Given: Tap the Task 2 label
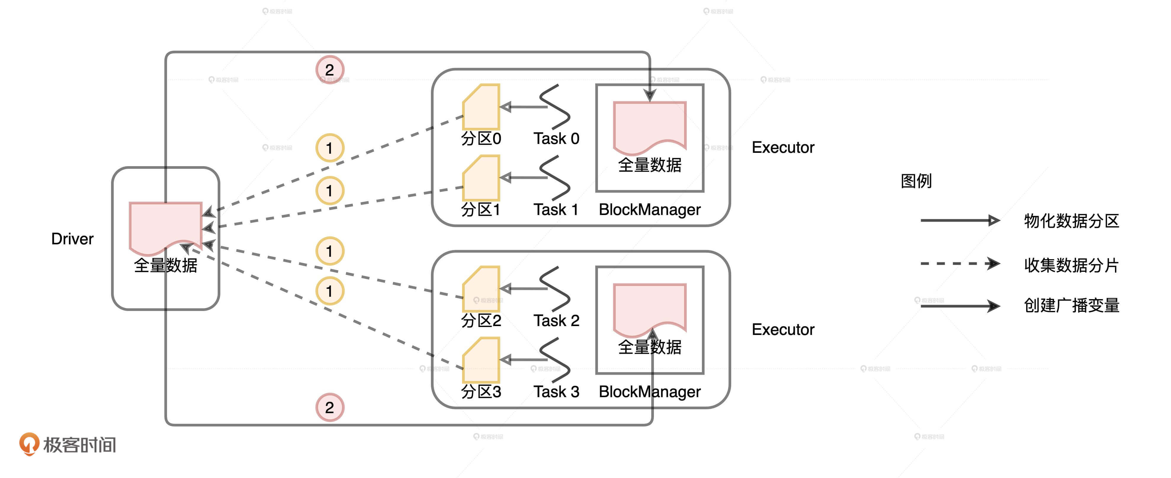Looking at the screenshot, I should tap(556, 321).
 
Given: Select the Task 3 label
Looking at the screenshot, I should tap(556, 392).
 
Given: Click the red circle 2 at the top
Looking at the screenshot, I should tap(330, 70).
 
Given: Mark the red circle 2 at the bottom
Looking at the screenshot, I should tap(330, 407).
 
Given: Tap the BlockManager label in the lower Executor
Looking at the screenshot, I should tap(649, 392).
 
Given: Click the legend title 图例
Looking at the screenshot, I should tap(916, 181).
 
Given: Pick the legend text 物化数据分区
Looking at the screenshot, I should tap(1071, 221).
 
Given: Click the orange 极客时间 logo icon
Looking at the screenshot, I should tap(29, 443).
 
